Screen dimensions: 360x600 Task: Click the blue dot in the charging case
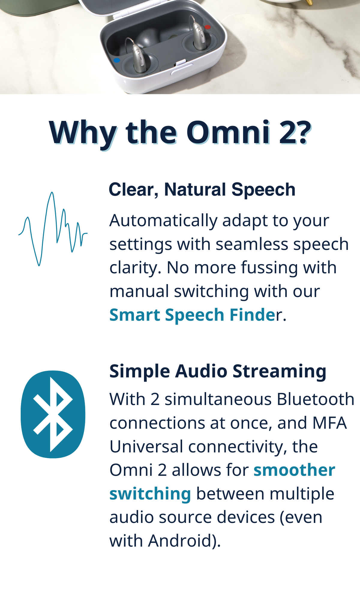click(117, 60)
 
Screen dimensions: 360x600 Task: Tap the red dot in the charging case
click(207, 27)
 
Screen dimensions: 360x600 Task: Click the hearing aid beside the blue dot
click(137, 56)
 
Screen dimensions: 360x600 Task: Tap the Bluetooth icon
click(53, 414)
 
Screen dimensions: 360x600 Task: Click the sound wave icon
click(53, 229)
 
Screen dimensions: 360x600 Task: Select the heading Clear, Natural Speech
click(202, 190)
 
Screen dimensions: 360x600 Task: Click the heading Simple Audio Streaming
click(218, 371)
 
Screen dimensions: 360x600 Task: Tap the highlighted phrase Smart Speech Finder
click(195, 315)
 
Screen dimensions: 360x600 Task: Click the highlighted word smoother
click(294, 470)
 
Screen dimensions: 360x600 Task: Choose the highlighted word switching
click(150, 493)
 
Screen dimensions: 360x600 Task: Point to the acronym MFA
click(329, 423)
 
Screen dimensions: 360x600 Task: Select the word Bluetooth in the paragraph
click(315, 399)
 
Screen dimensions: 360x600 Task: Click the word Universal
click(146, 446)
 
